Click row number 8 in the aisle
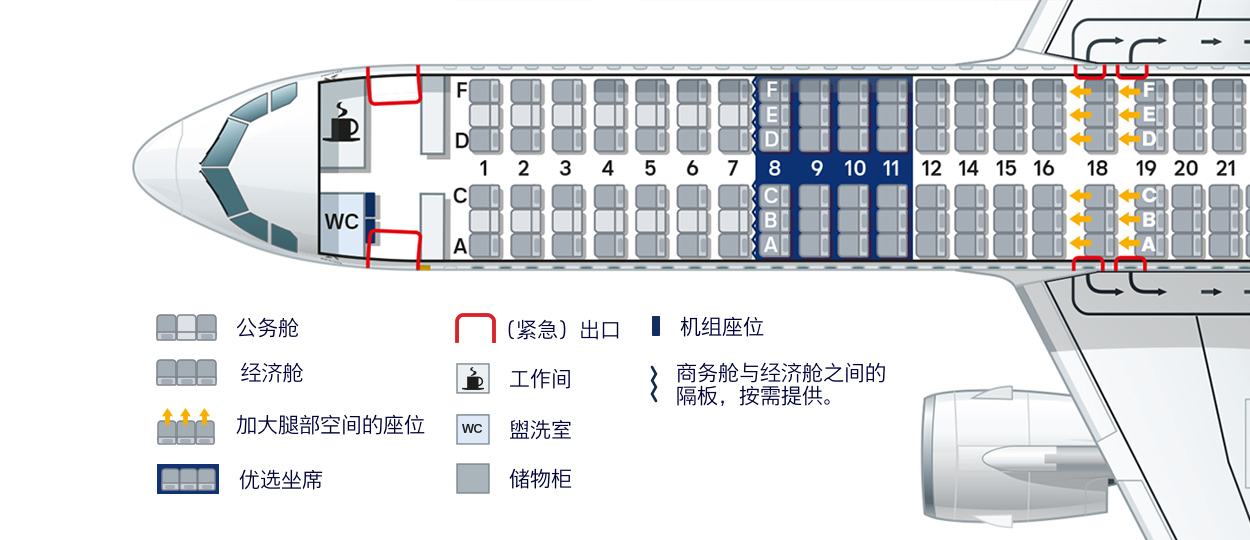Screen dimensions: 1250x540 click(x=774, y=168)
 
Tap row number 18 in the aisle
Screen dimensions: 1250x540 click(x=1097, y=168)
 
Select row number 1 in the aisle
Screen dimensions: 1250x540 click(x=483, y=168)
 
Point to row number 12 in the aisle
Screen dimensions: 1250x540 click(x=931, y=168)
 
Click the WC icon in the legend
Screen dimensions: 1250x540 click(x=473, y=429)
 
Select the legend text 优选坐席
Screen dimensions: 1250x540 click(x=281, y=479)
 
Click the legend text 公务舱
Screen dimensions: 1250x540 click(x=268, y=327)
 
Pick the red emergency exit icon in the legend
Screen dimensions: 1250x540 click(x=475, y=328)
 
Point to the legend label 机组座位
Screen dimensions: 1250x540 click(x=722, y=327)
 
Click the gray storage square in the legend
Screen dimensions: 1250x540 click(x=473, y=479)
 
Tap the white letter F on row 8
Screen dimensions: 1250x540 click(x=772, y=89)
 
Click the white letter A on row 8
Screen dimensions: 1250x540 click(x=771, y=244)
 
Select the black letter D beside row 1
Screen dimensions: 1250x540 click(x=461, y=141)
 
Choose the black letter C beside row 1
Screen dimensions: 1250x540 click(x=460, y=196)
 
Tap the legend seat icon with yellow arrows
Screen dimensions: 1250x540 click(x=186, y=426)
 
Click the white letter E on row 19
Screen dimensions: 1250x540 click(x=1148, y=114)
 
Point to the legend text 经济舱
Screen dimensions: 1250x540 click(x=272, y=373)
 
